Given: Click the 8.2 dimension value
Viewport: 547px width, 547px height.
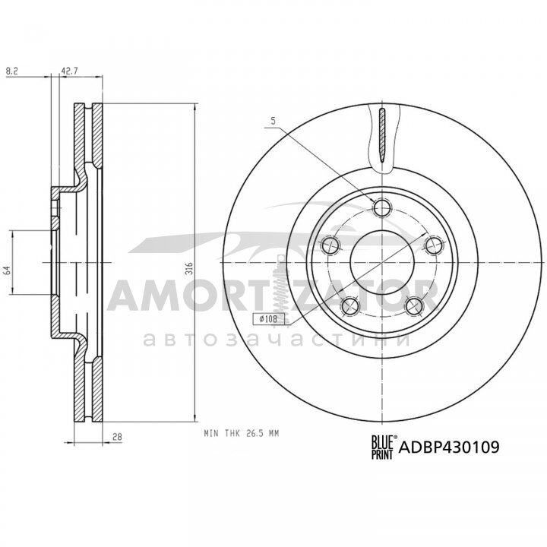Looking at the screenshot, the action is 12,71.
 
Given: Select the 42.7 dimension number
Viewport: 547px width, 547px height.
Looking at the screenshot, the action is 70,71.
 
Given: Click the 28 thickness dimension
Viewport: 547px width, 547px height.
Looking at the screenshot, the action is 117,436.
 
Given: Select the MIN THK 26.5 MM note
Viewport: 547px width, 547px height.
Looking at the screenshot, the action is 242,434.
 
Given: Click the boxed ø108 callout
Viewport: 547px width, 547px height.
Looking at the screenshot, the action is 269,318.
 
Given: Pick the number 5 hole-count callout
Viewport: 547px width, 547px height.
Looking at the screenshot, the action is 273,121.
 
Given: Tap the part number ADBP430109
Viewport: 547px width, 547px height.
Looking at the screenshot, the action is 449,447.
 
